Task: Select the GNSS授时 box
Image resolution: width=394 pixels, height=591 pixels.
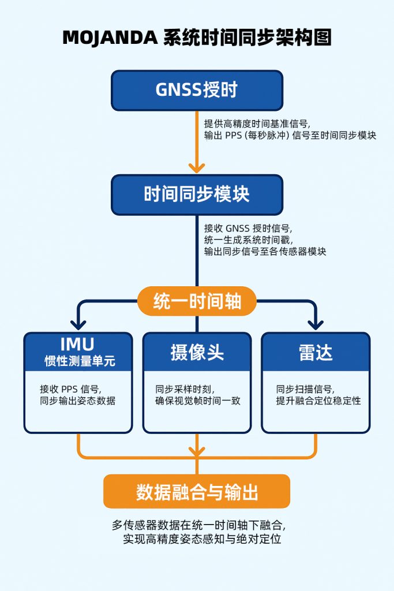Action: click(197, 90)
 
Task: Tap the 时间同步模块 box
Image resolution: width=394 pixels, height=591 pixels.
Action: click(197, 194)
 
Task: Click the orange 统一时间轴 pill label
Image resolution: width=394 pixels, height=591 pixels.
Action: click(197, 301)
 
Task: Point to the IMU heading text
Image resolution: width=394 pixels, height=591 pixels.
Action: click(77, 345)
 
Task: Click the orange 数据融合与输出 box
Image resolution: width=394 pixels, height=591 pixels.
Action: click(197, 492)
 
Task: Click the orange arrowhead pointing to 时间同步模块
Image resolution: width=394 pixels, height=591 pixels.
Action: click(197, 167)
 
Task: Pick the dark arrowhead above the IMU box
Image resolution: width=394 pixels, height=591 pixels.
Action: click(77, 325)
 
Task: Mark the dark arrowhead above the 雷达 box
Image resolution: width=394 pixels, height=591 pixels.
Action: click(316, 325)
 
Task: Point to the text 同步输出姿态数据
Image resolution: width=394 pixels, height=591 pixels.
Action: click(77, 401)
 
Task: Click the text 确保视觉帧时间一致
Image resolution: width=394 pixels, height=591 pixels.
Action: click(197, 401)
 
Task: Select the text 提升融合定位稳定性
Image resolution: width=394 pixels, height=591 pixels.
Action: click(318, 401)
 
